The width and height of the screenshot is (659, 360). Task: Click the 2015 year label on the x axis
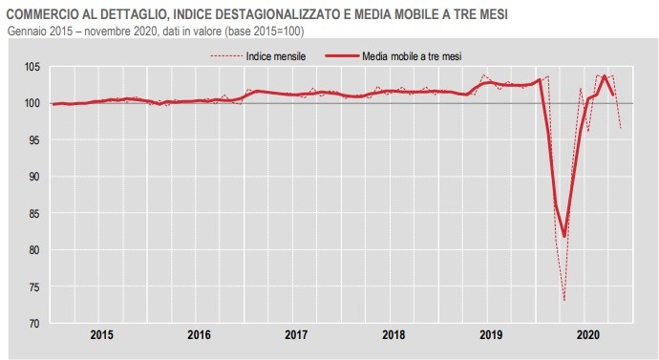pyautogui.click(x=102, y=335)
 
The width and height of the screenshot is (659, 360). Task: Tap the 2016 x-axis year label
pyautogui.click(x=199, y=335)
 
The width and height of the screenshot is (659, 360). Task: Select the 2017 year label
pyautogui.click(x=296, y=335)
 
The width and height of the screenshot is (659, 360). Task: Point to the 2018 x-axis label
pyautogui.click(x=393, y=335)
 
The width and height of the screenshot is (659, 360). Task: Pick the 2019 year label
pyautogui.click(x=491, y=335)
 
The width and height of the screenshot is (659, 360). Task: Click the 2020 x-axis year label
pyautogui.click(x=587, y=335)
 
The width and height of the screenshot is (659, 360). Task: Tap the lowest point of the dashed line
pyautogui.click(x=564, y=301)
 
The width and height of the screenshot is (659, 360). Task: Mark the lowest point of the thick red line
pyautogui.click(x=564, y=236)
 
